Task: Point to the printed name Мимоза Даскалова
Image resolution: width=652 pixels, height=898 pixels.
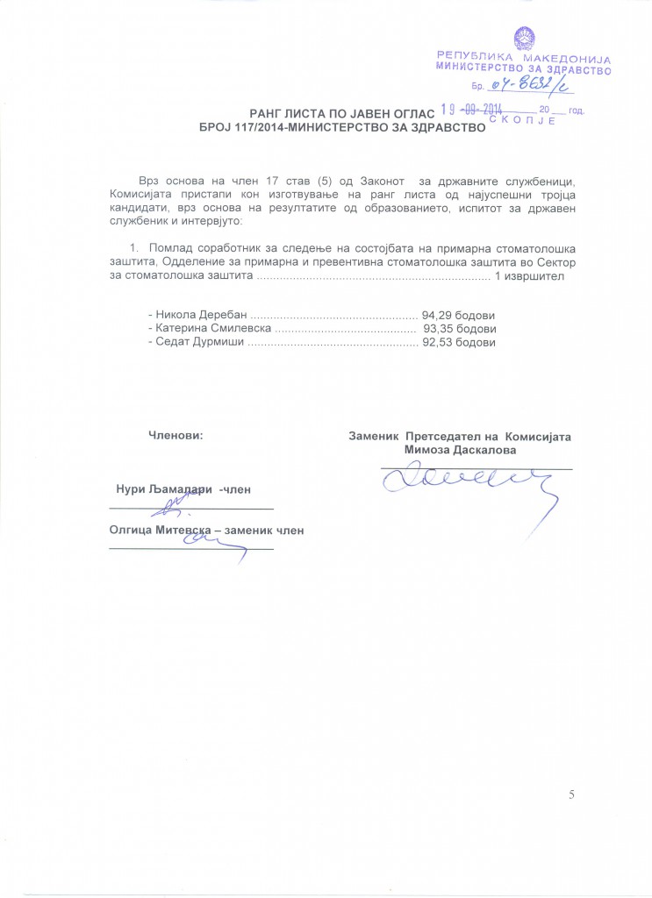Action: pos(461,449)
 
